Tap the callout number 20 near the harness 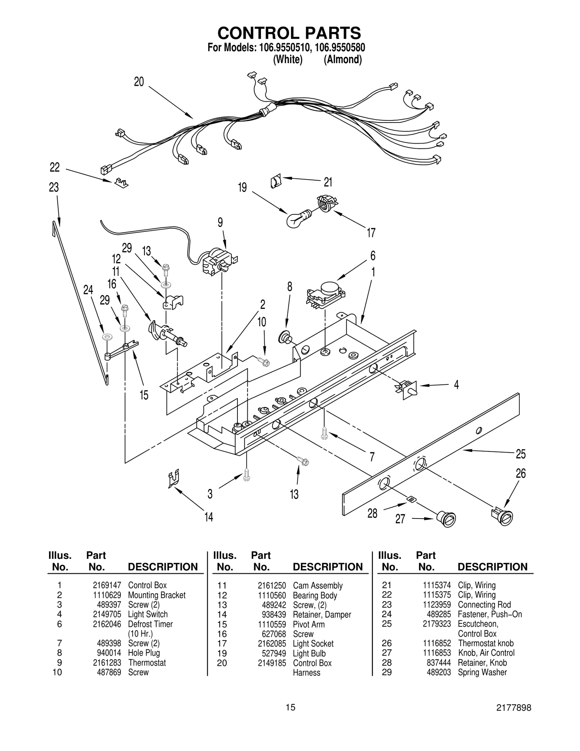click(x=139, y=82)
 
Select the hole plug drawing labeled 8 click(x=284, y=337)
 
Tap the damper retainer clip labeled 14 click(x=174, y=479)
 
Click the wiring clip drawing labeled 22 click(x=121, y=182)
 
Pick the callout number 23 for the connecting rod click(x=54, y=187)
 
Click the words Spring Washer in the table click(x=482, y=672)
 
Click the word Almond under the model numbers click(x=343, y=59)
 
